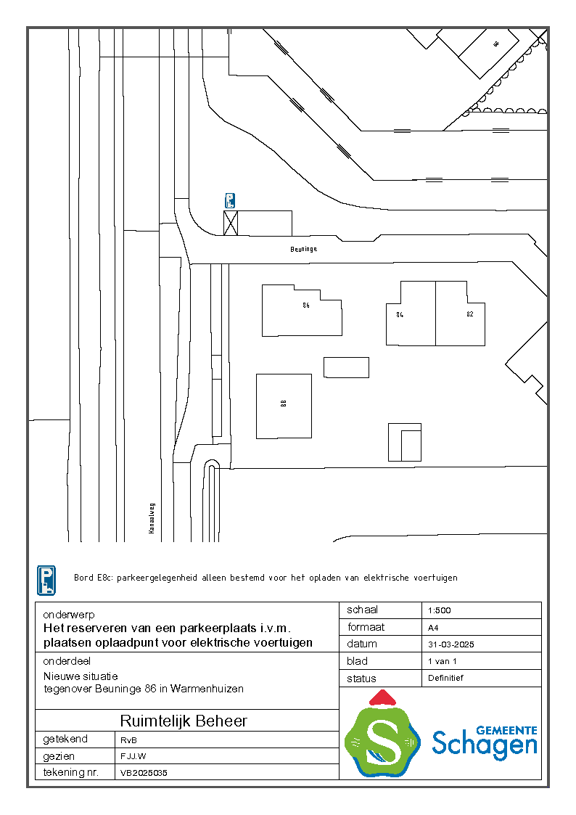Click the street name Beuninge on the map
pyautogui.click(x=305, y=248)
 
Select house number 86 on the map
pyautogui.click(x=306, y=306)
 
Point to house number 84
pyautogui.click(x=400, y=314)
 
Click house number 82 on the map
pyautogui.click(x=469, y=314)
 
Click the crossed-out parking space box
pyautogui.click(x=231, y=224)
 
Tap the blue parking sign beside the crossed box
pyautogui.click(x=230, y=201)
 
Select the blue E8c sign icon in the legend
pyautogui.click(x=46, y=581)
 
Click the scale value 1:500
pyautogui.click(x=440, y=610)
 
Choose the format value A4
pyautogui.click(x=433, y=628)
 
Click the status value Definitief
pyautogui.click(x=445, y=678)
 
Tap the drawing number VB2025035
pyautogui.click(x=144, y=773)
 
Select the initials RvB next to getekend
pyautogui.click(x=128, y=740)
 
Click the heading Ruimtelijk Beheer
pyautogui.click(x=184, y=721)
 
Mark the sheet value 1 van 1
pyautogui.click(x=443, y=661)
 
